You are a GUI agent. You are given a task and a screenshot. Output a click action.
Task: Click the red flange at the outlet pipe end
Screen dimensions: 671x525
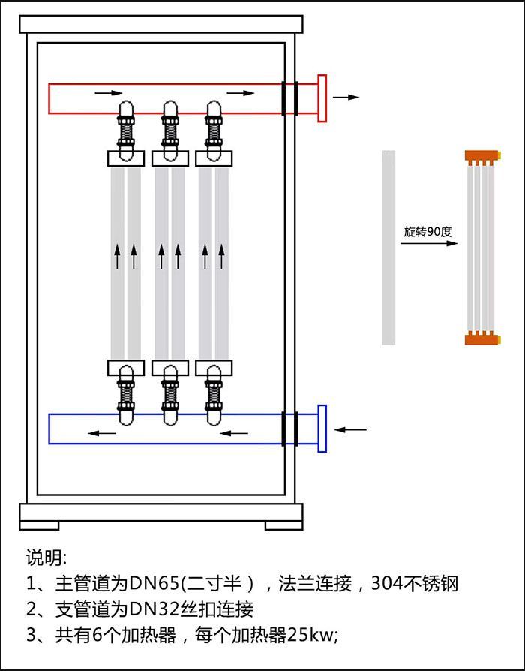tap(322, 98)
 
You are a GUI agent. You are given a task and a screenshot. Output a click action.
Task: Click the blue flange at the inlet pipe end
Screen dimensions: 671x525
tap(322, 429)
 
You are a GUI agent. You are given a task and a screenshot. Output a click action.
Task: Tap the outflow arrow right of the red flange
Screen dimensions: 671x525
tap(346, 98)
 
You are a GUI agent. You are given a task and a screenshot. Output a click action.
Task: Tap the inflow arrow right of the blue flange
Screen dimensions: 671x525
tap(351, 429)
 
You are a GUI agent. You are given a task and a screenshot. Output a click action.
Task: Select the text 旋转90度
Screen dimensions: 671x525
tap(427, 232)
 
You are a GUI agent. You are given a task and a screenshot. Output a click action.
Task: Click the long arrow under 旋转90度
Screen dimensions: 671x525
tap(429, 245)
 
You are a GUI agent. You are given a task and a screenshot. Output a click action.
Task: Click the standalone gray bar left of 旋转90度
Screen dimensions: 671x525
tap(388, 248)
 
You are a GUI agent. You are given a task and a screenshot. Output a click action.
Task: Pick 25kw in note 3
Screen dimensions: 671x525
tap(313, 635)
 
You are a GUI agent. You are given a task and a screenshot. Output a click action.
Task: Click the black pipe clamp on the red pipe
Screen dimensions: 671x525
tap(290, 98)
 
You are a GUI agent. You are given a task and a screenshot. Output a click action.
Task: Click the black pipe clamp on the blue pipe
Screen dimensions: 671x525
tap(290, 429)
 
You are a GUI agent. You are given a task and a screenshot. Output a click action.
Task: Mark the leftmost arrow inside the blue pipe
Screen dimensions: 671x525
tap(104, 433)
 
